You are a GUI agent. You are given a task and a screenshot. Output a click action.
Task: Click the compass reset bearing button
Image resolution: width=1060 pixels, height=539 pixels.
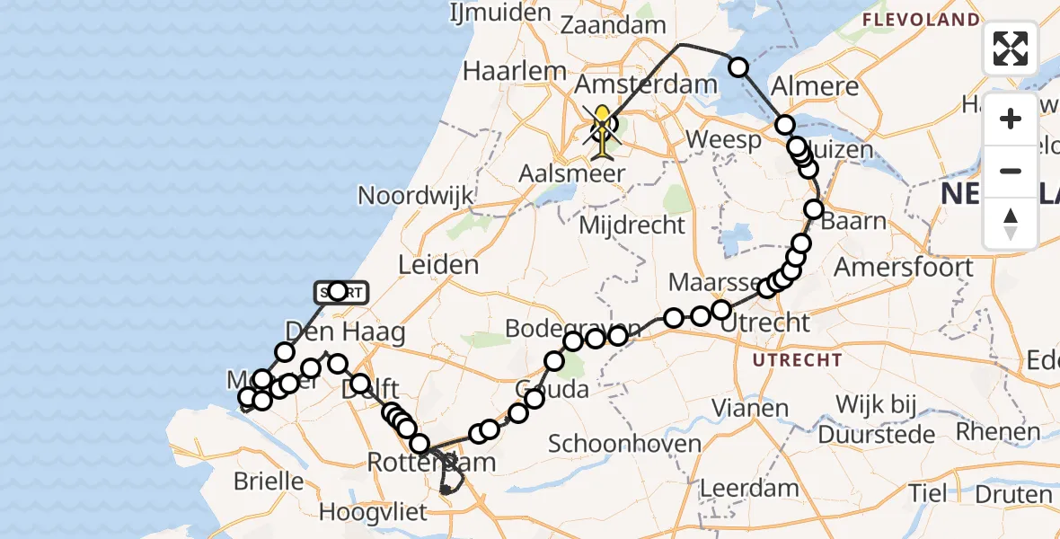pos(1011,224)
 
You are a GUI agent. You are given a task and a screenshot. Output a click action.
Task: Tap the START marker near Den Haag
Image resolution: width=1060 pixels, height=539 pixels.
pos(340,291)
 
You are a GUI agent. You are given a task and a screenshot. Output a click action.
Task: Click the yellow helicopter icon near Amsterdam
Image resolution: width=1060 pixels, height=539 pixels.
pos(602,126)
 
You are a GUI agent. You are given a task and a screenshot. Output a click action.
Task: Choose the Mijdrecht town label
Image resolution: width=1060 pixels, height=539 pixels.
pos(632,225)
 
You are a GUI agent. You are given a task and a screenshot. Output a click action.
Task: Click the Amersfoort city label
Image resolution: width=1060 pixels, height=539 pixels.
pos(904,267)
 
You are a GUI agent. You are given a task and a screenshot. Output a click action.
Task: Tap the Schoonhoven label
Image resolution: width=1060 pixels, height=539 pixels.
pos(612,444)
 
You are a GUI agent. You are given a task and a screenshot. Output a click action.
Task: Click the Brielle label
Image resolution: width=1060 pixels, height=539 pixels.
pos(269,481)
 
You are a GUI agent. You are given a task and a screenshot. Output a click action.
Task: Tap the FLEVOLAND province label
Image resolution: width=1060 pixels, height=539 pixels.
pos(921,19)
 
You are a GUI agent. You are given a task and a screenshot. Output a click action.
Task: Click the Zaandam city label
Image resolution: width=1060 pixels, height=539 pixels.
pos(614,25)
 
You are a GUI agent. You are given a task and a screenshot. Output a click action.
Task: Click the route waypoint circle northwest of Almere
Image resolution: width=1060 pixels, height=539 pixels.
pos(738,66)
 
